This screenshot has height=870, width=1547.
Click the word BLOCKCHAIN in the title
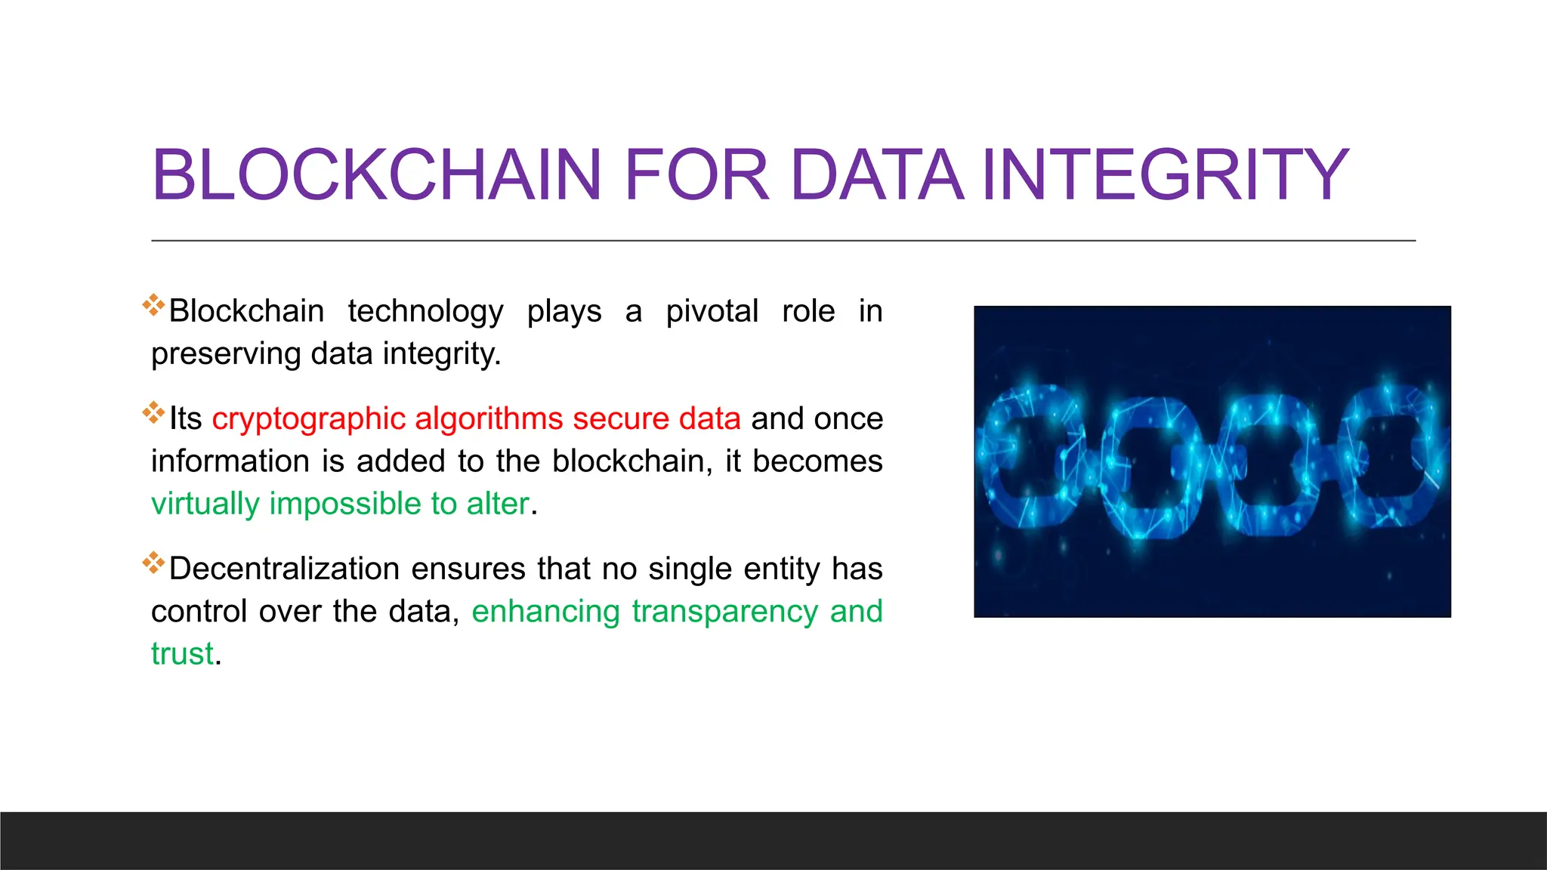[376, 175]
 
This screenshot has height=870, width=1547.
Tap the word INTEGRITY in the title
[1165, 175]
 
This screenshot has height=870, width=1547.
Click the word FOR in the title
[696, 175]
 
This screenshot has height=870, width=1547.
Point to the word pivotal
[712, 311]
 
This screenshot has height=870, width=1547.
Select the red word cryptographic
[308, 419]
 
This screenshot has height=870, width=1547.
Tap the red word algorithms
[489, 419]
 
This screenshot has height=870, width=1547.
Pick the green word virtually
[205, 504]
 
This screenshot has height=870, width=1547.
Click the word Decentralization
[284, 569]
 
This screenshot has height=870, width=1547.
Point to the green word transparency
[724, 612]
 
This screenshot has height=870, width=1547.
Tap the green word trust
[182, 654]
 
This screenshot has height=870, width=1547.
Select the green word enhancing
[545, 612]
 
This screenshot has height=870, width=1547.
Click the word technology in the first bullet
[425, 311]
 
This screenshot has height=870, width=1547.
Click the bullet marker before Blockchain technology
[153, 305]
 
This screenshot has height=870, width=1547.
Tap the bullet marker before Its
[153, 412]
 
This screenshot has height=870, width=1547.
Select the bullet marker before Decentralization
[153, 563]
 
